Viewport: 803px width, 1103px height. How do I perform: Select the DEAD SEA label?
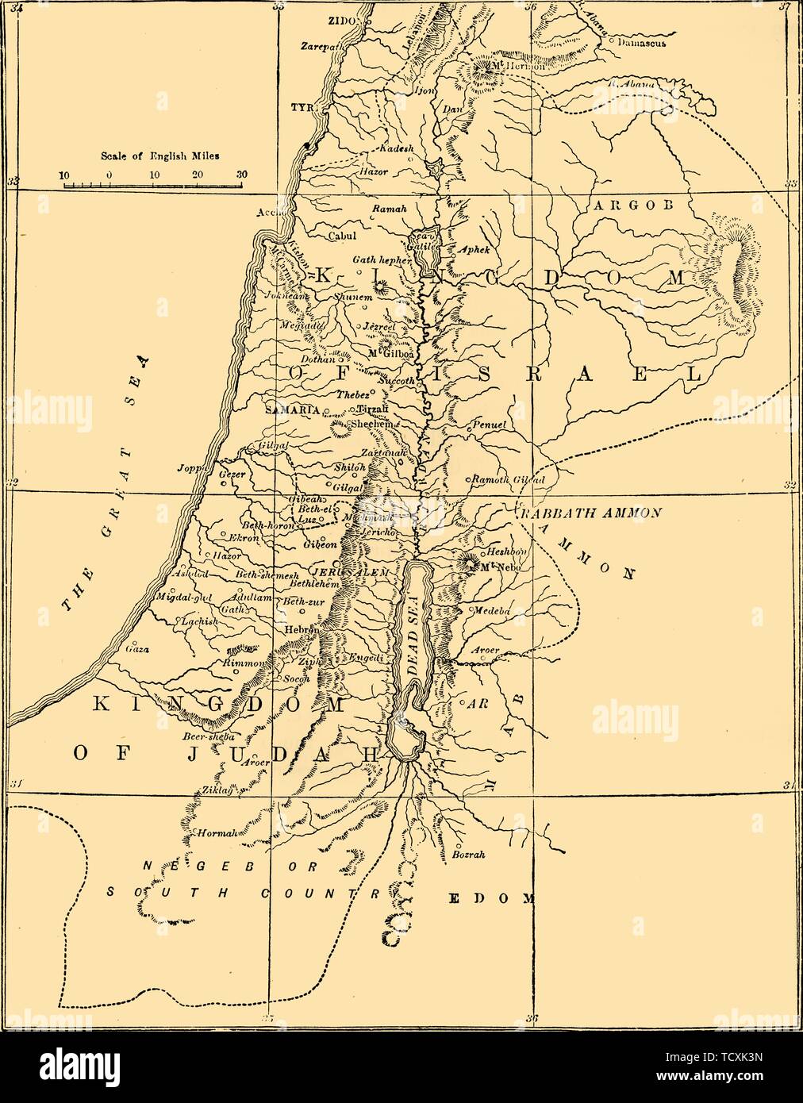(413, 640)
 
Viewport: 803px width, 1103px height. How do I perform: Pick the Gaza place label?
(137, 648)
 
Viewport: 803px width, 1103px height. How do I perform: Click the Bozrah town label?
(467, 855)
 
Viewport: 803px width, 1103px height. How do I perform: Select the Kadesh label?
(394, 150)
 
